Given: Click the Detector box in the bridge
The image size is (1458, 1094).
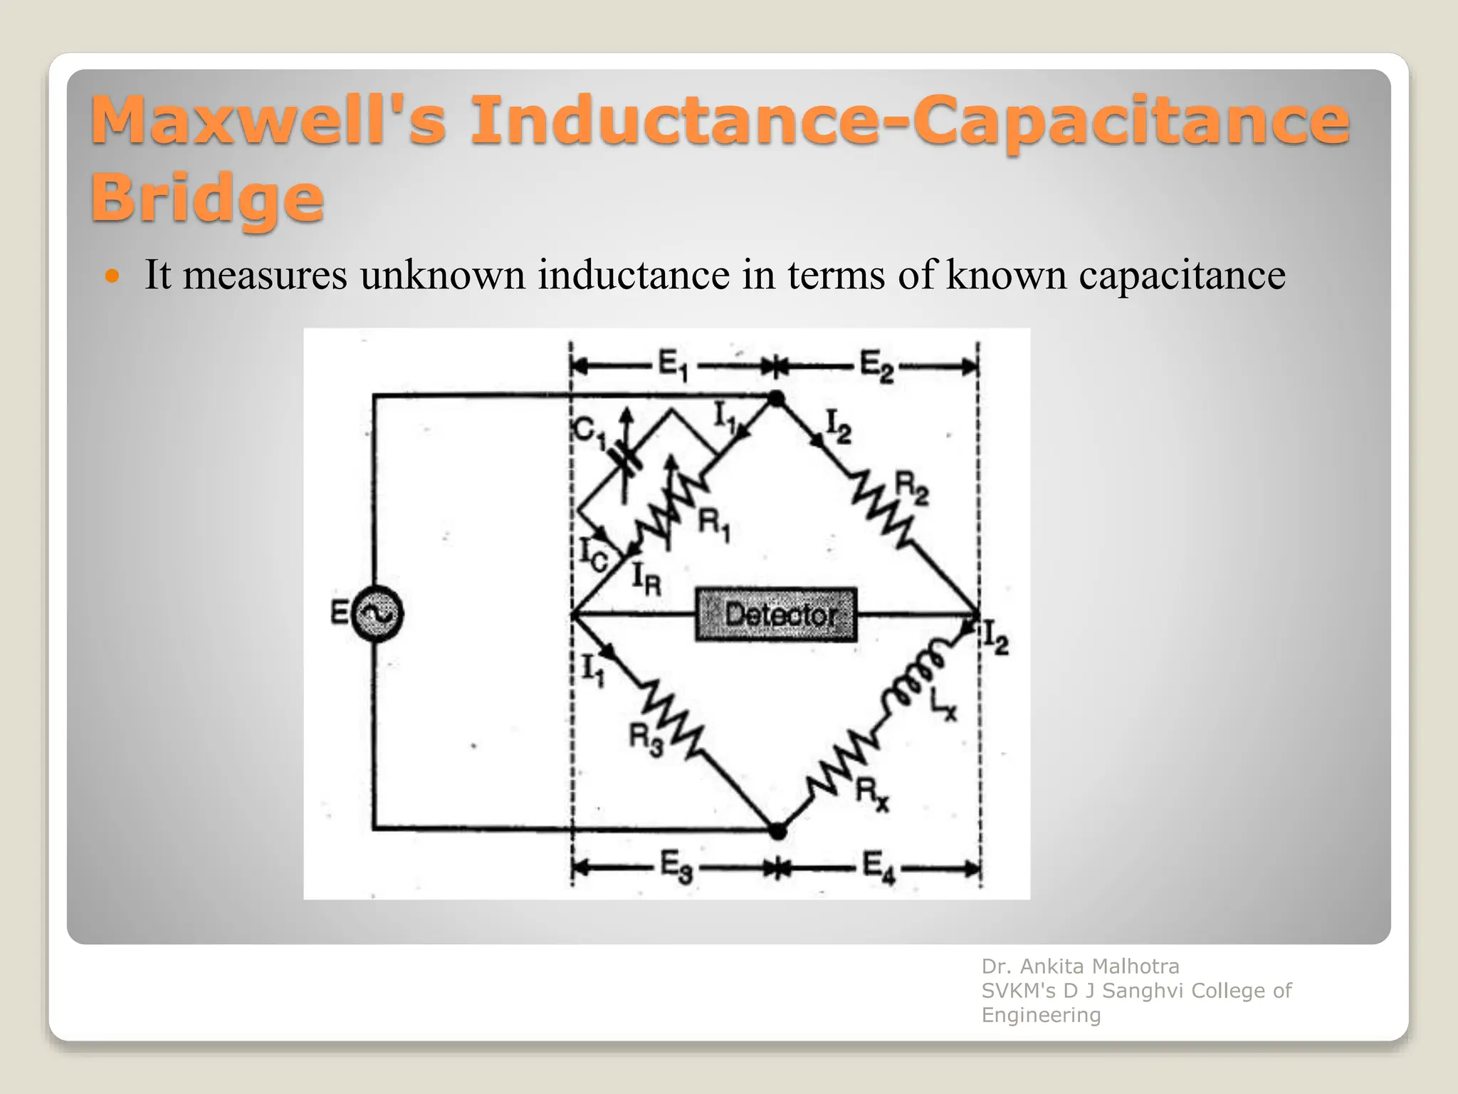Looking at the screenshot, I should (x=776, y=614).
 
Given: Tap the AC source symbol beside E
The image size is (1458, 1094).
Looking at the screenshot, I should (x=377, y=613).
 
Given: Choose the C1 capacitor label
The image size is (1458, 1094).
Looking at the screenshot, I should (x=589, y=432).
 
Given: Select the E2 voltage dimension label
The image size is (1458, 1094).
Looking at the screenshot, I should (x=876, y=366).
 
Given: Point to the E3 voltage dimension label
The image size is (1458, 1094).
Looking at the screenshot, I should (x=676, y=868).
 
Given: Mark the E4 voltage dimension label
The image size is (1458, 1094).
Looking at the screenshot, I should (x=879, y=868).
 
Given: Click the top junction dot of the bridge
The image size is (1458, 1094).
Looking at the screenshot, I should (x=777, y=399).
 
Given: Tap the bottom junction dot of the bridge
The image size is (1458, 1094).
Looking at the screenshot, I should (x=778, y=830).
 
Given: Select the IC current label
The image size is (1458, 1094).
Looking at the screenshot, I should (x=592, y=554).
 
